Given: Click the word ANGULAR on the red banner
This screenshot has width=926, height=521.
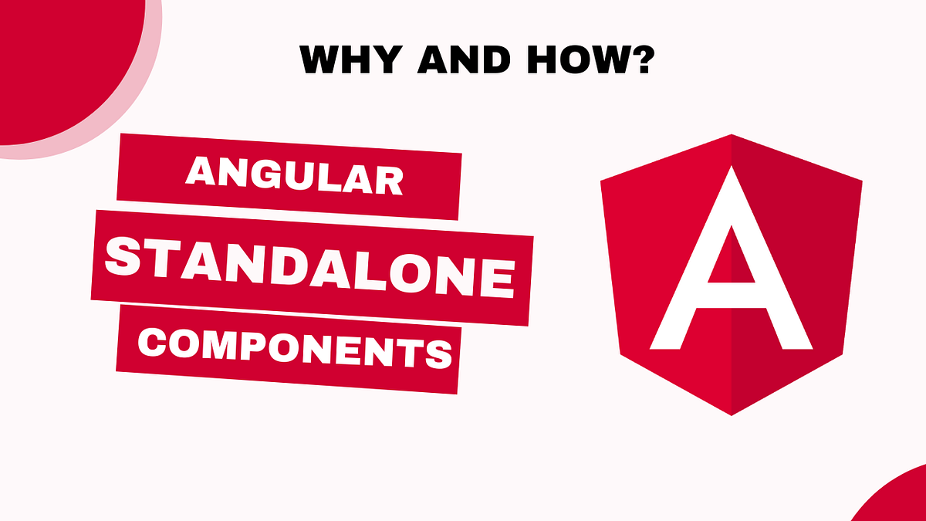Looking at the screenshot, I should point(294,178).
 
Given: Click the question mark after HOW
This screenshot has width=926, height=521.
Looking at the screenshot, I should point(636,59).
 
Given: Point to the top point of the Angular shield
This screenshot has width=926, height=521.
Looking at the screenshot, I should point(731,135).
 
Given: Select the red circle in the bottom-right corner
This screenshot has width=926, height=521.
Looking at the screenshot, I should point(899,498).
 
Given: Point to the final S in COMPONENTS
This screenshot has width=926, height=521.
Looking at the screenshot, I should point(438,353).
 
